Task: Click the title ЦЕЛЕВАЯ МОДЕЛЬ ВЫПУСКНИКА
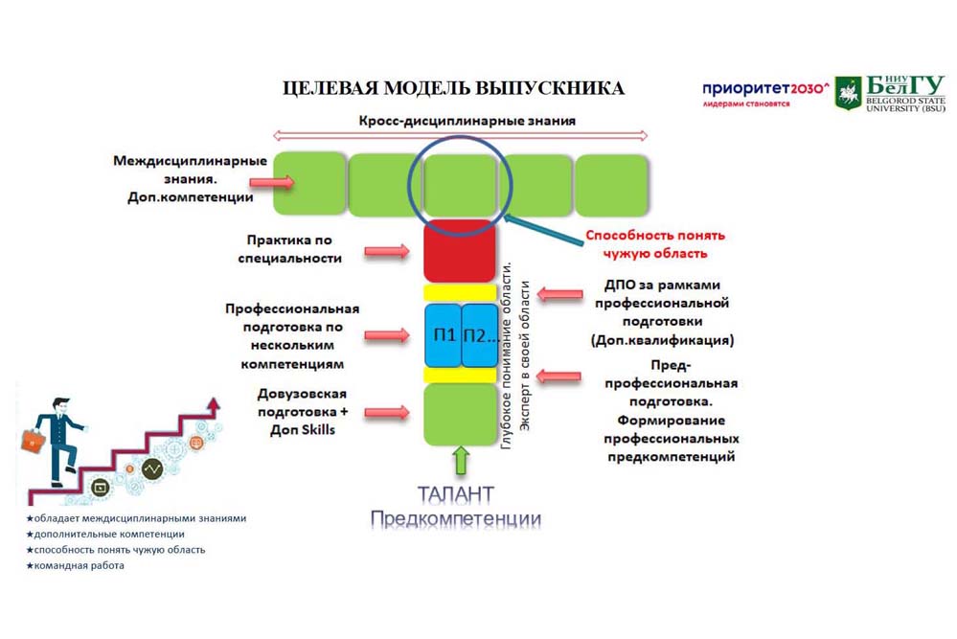453,89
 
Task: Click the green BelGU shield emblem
848,94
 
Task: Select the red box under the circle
459,251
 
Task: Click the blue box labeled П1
443,335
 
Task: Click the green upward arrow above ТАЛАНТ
460,461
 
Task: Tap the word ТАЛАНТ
456,494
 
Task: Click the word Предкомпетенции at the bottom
456,519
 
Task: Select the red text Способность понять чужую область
655,244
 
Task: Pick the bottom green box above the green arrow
459,414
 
